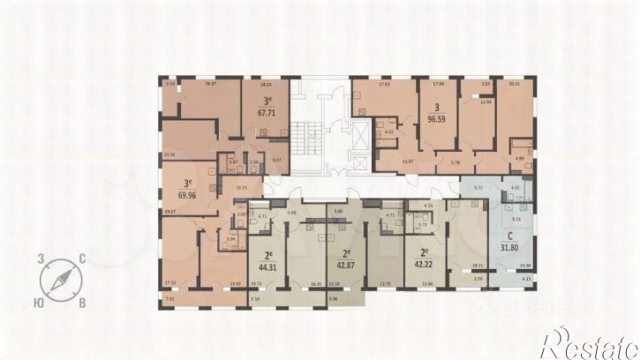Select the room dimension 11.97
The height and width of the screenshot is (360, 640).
[x=406, y=162]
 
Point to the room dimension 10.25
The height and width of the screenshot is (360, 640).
[x=241, y=188]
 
